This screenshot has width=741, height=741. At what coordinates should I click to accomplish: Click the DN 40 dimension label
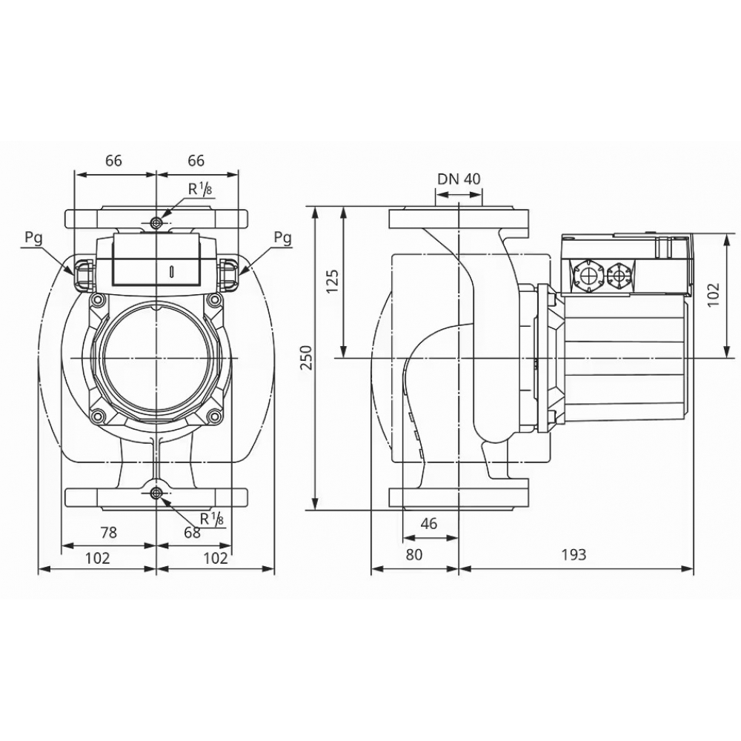459,179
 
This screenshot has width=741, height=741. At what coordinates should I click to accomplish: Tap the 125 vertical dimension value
333,282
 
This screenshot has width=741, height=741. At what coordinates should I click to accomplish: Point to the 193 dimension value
574,555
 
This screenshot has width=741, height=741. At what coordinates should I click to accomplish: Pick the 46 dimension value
428,523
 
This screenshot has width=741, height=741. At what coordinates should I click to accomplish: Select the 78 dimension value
108,532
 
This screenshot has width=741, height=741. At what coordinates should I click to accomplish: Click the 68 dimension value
192,532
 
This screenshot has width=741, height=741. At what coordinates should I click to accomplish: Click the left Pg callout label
33,238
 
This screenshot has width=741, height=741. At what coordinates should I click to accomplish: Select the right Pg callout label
282,238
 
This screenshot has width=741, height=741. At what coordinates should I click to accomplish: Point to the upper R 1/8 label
198,189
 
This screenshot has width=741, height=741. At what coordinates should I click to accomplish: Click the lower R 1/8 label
212,519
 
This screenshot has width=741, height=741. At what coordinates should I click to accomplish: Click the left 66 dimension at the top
113,161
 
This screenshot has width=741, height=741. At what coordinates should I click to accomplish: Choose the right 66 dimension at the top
196,161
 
